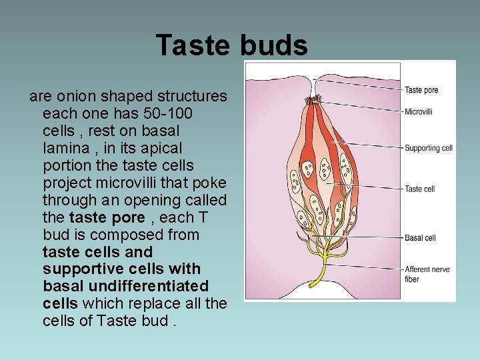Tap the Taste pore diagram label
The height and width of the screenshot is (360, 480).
pyautogui.click(x=421, y=90)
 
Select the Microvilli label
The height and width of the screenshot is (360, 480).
pyautogui.click(x=419, y=111)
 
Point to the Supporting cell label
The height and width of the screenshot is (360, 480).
pyautogui.click(x=429, y=148)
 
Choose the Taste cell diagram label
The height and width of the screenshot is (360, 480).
pyautogui.click(x=420, y=189)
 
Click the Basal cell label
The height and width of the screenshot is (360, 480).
pyautogui.click(x=420, y=237)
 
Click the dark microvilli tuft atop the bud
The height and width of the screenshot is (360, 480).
pyautogui.click(x=314, y=101)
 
